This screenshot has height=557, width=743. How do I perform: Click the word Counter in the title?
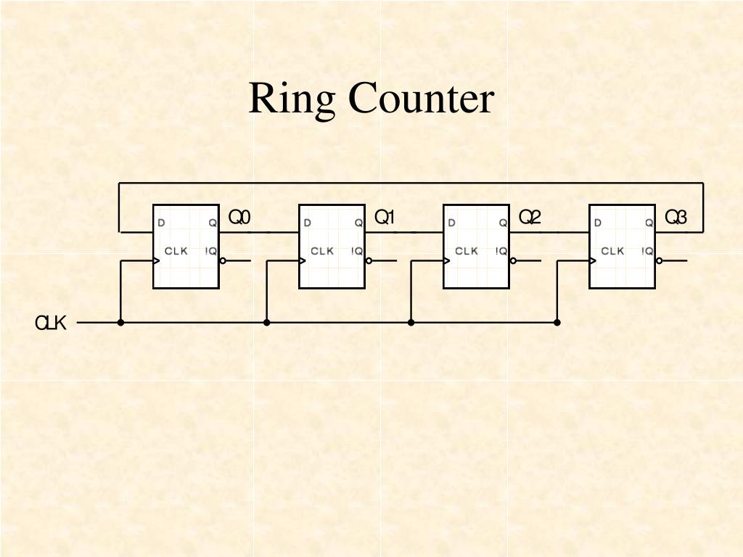click(x=421, y=99)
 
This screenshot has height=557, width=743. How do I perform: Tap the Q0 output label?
click(x=239, y=218)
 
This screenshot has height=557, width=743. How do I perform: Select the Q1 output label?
click(x=384, y=218)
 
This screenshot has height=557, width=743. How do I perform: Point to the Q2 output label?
click(x=530, y=218)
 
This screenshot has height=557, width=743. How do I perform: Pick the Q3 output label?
click(x=676, y=218)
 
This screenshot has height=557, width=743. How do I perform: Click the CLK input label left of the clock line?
click(x=51, y=323)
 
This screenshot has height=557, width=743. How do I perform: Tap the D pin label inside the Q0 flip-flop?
click(x=161, y=223)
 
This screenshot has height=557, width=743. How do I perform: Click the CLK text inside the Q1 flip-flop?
click(x=322, y=251)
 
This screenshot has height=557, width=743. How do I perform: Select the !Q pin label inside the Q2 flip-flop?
click(x=501, y=251)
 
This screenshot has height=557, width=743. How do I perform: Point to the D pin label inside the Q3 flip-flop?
click(x=597, y=223)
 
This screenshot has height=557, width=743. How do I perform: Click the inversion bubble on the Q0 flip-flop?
click(x=223, y=260)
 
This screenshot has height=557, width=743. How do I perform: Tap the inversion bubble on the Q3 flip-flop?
click(x=659, y=260)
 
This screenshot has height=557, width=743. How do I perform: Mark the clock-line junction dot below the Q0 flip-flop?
click(x=120, y=322)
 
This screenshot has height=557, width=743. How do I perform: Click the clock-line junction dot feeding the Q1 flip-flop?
click(x=267, y=322)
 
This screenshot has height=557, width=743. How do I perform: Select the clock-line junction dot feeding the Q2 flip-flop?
click(x=411, y=322)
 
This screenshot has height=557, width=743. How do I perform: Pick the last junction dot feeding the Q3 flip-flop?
click(x=557, y=322)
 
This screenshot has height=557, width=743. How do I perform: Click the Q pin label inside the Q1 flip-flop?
click(x=358, y=223)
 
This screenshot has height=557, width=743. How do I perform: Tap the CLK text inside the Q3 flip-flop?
click(x=612, y=251)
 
